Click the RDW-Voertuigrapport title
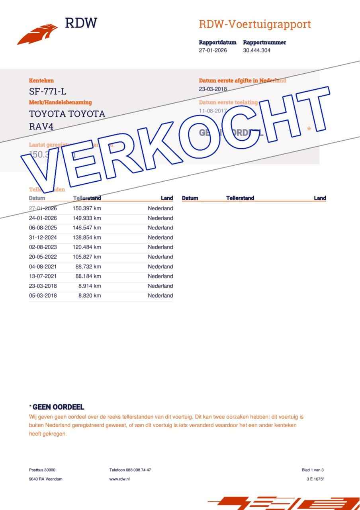[254, 24]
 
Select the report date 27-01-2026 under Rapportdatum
[213, 50]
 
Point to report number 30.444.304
[259, 50]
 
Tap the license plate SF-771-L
[48, 91]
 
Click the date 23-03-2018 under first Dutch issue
[213, 89]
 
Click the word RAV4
[41, 127]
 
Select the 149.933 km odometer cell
[87, 218]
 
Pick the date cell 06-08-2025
[43, 228]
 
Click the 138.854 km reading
[87, 237]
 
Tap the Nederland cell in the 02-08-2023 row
[160, 247]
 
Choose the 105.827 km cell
[87, 257]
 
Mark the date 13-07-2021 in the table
[43, 276]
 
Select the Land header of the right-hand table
[320, 198]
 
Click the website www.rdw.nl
[119, 479]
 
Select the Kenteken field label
[41, 80]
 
